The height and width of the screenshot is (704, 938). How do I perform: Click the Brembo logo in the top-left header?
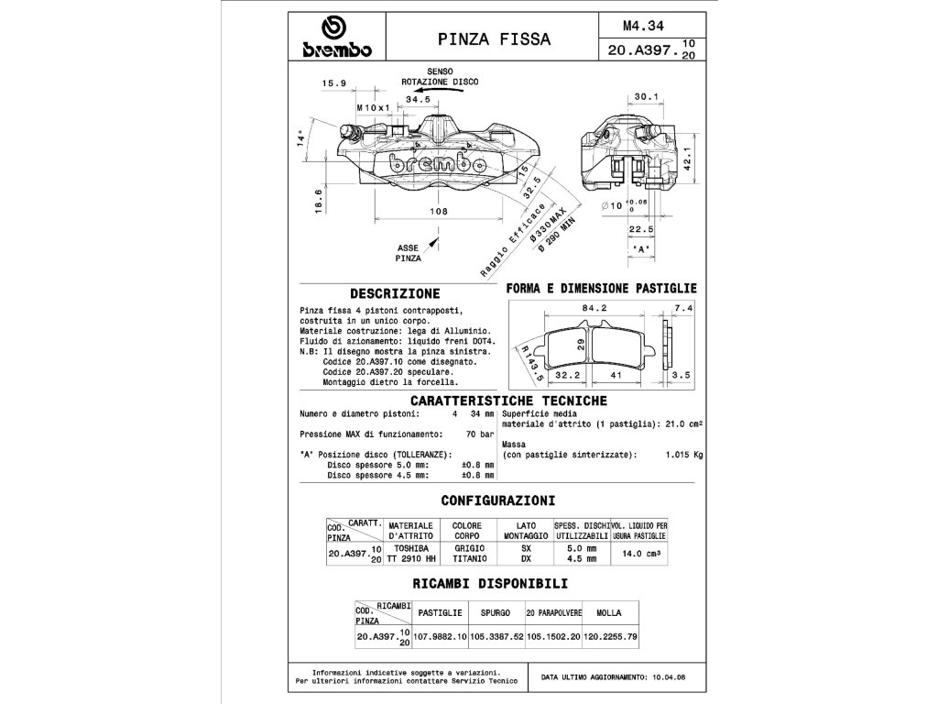coord(334,38)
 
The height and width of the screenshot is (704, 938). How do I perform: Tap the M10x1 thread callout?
coord(373,107)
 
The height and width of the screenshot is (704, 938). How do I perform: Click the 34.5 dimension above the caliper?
coord(418,98)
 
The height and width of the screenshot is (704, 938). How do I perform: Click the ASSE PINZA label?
coord(409,253)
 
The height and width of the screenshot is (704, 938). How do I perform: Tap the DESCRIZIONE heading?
coord(395,294)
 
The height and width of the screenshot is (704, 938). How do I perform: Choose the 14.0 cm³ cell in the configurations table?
coord(641,554)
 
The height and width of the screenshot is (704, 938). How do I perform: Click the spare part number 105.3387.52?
coord(495,635)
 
